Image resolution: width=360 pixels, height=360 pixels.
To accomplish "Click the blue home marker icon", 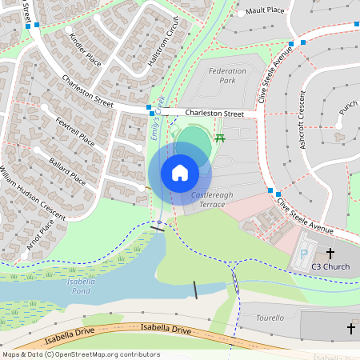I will (180, 172).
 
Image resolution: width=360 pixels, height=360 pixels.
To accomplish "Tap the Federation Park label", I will (227, 76).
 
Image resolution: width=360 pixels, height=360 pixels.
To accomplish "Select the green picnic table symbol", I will (220, 138).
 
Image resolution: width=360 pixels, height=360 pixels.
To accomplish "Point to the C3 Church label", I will (330, 266).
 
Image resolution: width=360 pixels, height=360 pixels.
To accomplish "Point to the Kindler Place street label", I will (86, 50).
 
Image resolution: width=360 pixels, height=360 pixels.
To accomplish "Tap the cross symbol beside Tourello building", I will (350, 329).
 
